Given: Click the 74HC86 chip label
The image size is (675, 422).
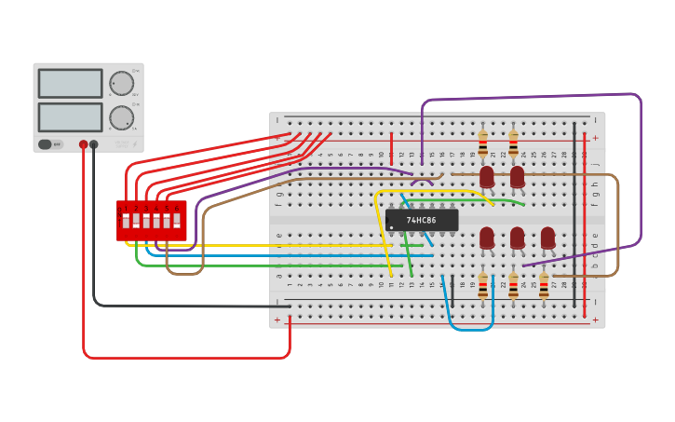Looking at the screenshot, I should (x=422, y=221).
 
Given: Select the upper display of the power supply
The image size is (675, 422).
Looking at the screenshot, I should (x=70, y=83).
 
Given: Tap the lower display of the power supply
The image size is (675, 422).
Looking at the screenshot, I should (x=70, y=117).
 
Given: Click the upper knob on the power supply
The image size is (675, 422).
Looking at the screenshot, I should (x=121, y=83).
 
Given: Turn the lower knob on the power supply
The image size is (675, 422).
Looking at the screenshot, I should (x=121, y=117).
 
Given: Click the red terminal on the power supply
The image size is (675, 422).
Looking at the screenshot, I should (x=84, y=144).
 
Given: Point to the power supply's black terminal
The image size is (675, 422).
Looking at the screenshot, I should (x=94, y=144).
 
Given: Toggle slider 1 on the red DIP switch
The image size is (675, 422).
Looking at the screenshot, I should (x=126, y=221).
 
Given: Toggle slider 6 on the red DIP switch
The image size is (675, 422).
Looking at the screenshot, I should (x=177, y=221).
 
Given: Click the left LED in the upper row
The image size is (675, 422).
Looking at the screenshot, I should (x=487, y=176).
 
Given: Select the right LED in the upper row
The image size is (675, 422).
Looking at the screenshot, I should (x=517, y=176).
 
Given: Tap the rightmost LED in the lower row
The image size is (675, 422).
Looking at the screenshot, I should (x=547, y=238).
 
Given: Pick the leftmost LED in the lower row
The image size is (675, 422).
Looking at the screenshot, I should (x=487, y=238).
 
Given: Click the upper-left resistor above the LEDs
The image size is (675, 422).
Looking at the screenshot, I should (x=482, y=143).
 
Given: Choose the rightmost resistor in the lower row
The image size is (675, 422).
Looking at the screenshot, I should (x=544, y=286).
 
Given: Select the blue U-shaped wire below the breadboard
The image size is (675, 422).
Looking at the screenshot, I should (x=470, y=328).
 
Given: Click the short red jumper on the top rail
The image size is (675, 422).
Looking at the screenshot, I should (x=391, y=147).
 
